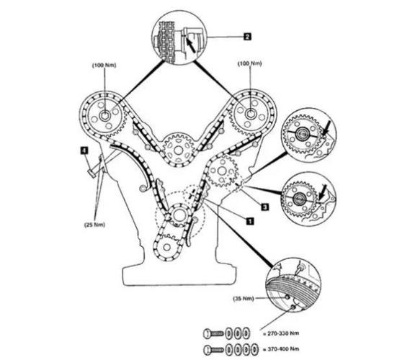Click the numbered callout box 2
[247, 36]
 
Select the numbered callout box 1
[250, 221]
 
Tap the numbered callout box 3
[265, 207]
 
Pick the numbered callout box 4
[84, 150]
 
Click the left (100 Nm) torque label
[104, 66]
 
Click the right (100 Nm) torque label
[249, 64]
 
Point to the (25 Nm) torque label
[94, 225]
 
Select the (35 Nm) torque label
[244, 299]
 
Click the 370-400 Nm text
[283, 349]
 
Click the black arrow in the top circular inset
[191, 45]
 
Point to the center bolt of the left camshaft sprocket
[105, 116]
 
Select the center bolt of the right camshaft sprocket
[249, 114]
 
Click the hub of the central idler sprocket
[179, 150]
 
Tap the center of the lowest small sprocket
[166, 247]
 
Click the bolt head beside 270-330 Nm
[207, 333]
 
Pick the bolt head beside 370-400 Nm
[207, 350]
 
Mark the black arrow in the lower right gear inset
[323, 192]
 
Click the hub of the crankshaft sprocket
[179, 215]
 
